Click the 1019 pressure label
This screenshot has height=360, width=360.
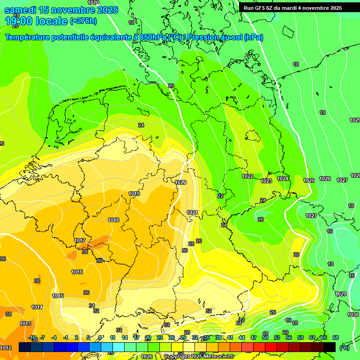(x=134, y=194)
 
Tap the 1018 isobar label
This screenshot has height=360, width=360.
(x=113, y=220)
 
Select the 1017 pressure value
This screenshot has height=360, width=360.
(x=80, y=241)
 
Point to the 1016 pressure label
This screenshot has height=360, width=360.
(x=77, y=272)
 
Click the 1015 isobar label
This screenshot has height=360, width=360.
(x=58, y=296)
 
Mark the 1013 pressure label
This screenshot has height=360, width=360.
(x=25, y=323)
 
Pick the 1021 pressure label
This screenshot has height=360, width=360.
(x=192, y=212)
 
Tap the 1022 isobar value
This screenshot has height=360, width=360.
(x=247, y=177)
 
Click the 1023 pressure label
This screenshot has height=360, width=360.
(x=266, y=181)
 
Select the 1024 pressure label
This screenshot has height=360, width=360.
(x=283, y=179)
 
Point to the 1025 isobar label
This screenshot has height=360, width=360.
(x=309, y=180)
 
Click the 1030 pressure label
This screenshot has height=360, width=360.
(x=353, y=315)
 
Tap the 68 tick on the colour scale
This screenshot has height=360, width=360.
(x=335, y=337)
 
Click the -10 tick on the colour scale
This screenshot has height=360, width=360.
(x=32, y=337)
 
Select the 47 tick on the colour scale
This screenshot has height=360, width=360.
(x=254, y=337)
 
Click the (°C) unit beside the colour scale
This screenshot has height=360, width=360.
(x=345, y=348)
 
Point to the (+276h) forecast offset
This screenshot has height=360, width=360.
(x=83, y=21)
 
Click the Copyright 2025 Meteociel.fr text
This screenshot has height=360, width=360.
(x=199, y=357)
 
